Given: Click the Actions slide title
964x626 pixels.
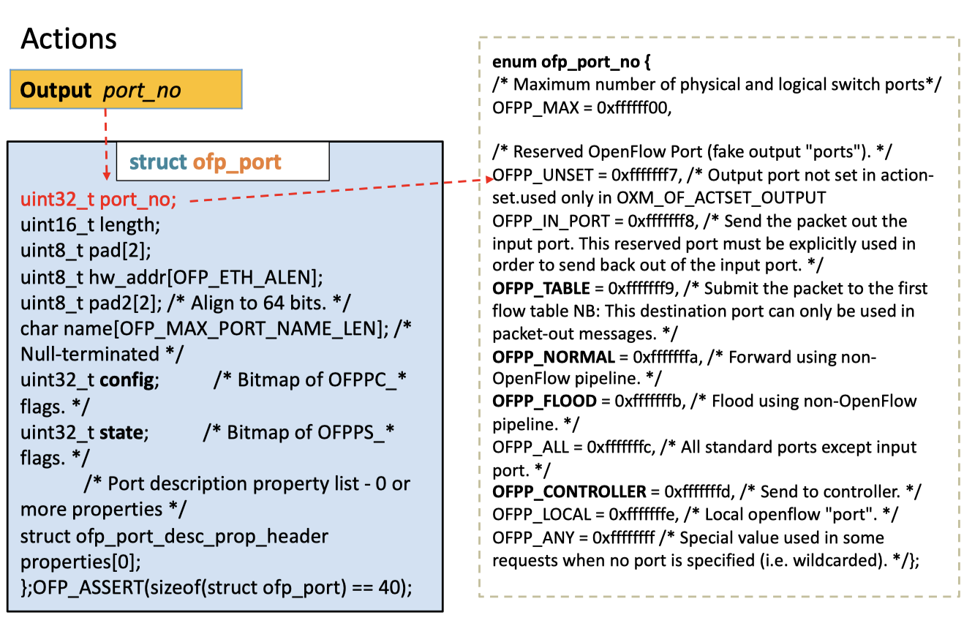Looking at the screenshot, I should click(x=69, y=38).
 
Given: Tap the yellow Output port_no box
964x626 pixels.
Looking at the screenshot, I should click(x=125, y=90).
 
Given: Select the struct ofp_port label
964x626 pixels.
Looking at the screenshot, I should click(x=205, y=162).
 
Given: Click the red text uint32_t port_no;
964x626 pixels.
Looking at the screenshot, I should click(x=99, y=199).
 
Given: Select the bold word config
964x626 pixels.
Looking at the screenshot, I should click(x=127, y=380).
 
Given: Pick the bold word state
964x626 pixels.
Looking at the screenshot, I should click(x=121, y=432).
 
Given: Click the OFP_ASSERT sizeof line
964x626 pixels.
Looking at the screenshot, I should click(x=216, y=587).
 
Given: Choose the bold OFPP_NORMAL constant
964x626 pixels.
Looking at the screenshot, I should click(x=552, y=357).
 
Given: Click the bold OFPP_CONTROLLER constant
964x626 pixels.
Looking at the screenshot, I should click(x=569, y=492).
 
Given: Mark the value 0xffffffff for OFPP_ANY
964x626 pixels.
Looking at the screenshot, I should click(x=624, y=538).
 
